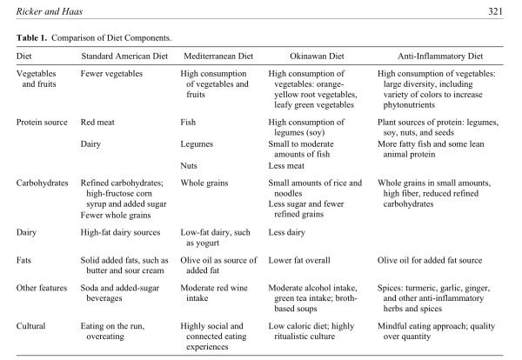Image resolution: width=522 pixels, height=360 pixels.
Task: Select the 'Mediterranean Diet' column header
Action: coord(217,56)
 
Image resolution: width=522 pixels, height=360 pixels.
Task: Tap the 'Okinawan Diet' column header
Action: coord(309,56)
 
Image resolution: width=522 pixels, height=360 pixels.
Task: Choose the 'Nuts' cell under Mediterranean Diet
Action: coord(191,163)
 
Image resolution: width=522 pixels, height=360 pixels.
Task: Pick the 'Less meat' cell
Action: coord(289,163)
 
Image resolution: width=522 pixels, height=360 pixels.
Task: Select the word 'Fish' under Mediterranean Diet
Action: coord(190,123)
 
